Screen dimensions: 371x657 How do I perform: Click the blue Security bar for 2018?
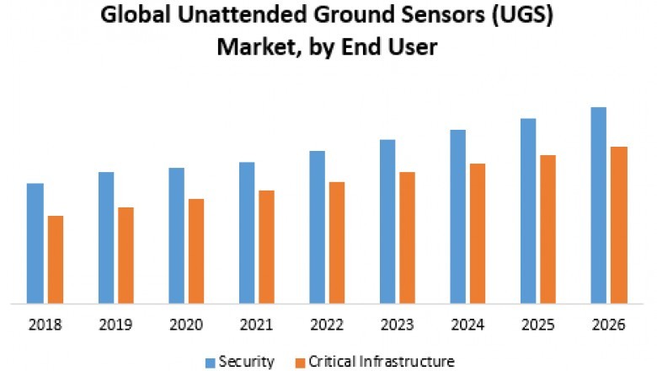click(35, 243)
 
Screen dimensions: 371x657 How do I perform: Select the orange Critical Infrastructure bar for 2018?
click(56, 259)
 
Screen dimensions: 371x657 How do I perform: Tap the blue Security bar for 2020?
click(176, 235)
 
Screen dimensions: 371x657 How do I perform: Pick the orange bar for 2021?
click(266, 246)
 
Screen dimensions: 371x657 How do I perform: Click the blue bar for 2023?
click(387, 221)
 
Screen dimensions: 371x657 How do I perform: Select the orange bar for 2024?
click(478, 233)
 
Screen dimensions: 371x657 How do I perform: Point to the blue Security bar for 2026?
click(599, 205)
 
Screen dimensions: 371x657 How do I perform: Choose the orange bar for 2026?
click(619, 224)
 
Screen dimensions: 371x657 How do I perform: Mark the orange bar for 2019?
click(126, 255)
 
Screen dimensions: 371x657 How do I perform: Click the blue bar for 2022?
click(317, 227)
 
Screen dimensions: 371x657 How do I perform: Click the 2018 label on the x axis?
click(45, 324)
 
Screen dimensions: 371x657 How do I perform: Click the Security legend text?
click(246, 362)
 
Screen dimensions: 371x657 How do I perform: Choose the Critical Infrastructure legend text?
click(382, 362)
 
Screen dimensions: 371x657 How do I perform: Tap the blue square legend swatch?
click(210, 363)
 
